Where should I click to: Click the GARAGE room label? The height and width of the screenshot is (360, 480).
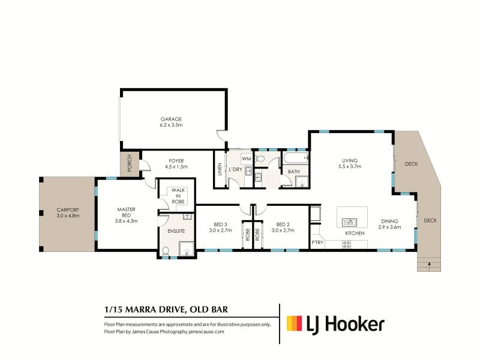[x=170, y=119]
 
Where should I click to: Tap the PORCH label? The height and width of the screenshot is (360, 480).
[x=128, y=165]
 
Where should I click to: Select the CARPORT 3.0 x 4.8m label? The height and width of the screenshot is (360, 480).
[x=67, y=212]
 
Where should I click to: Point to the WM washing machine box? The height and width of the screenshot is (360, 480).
[x=246, y=158]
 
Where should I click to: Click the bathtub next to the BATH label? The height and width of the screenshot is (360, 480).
[x=295, y=159]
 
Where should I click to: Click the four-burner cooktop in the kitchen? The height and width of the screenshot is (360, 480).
[x=346, y=244]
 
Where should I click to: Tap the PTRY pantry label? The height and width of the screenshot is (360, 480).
[x=317, y=243]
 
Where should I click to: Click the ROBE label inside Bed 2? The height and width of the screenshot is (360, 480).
[x=257, y=237]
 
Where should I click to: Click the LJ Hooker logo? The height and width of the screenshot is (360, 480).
[x=335, y=324]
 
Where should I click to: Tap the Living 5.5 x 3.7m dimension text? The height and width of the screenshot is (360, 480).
[x=350, y=167]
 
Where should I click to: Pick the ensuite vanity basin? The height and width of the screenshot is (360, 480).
[x=187, y=216]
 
